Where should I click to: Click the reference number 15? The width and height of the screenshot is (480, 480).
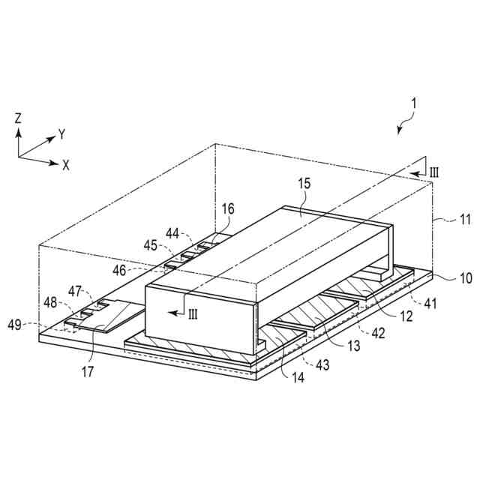click(304, 183)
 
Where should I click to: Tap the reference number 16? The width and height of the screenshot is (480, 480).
click(228, 209)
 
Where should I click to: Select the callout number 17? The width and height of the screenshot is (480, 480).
click(88, 372)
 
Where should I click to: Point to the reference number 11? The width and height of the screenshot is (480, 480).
click(465, 220)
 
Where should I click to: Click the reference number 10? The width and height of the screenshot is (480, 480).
click(466, 278)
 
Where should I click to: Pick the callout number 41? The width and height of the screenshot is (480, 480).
click(430, 304)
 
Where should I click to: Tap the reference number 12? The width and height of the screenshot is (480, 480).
click(406, 316)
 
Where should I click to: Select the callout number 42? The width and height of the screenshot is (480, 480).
click(378, 333)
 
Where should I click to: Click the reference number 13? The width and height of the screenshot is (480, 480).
click(354, 346)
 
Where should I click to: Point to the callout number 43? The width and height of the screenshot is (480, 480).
click(322, 365)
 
